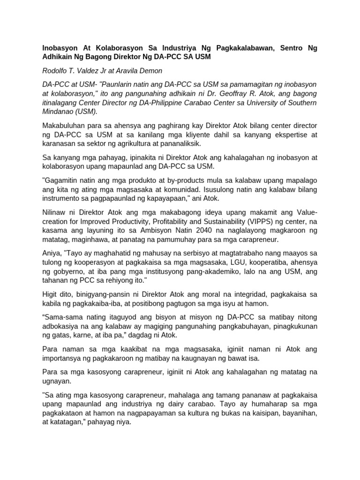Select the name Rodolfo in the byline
point(56,71)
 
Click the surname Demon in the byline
point(150,71)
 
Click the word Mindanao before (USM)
point(59,112)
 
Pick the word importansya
point(62,359)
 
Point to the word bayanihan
point(298,413)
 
